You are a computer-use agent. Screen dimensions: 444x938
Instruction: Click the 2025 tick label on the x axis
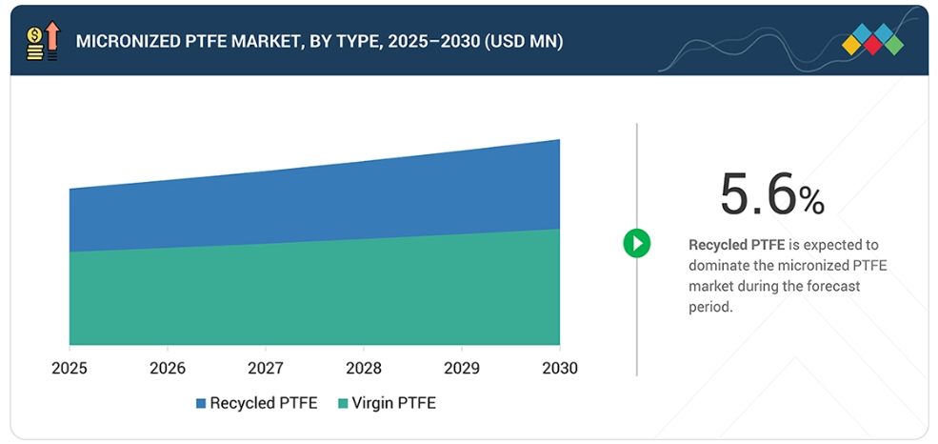coord(70,368)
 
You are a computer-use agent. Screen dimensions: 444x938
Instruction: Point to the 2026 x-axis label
coord(168,368)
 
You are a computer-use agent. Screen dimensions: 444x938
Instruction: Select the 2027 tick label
coord(266,368)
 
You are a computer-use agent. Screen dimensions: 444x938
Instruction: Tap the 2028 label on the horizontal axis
coord(364,368)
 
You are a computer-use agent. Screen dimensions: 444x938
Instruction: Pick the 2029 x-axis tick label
coord(462,368)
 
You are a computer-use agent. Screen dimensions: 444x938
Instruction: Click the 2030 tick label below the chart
coord(559,368)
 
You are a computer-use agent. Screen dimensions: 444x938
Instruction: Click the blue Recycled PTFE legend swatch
coord(201,404)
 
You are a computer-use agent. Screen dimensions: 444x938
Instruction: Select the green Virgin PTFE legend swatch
coord(344,404)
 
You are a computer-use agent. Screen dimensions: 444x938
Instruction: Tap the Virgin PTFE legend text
coord(393,403)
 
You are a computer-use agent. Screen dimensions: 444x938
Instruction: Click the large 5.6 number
coord(757,195)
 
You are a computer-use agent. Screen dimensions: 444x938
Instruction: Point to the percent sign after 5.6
coord(811,200)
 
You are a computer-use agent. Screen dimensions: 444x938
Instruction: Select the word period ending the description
coord(710,308)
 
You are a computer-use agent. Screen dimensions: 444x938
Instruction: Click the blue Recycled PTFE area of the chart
coord(314,205)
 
